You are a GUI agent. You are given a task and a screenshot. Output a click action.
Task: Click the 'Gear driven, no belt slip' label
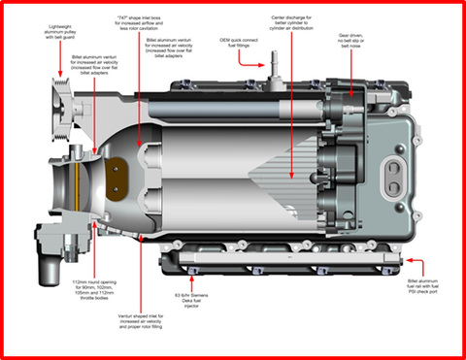click(357, 40)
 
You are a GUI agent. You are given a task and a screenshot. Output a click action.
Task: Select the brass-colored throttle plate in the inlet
click(118, 170)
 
